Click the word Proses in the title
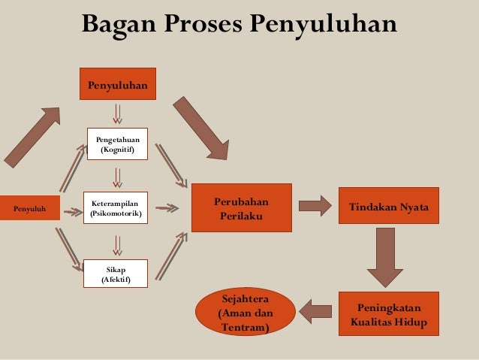click(197, 24)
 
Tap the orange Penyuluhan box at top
click(118, 85)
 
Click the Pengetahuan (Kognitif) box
click(117, 144)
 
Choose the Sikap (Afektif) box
click(116, 274)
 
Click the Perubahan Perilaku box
click(241, 208)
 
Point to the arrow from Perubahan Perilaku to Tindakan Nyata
click(315, 205)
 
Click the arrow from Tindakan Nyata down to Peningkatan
click(385, 256)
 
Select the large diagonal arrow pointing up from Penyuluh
click(32, 135)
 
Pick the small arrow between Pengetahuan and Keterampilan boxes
click(118, 177)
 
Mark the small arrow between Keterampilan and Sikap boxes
click(118, 242)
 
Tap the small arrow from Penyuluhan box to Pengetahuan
click(118, 113)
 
